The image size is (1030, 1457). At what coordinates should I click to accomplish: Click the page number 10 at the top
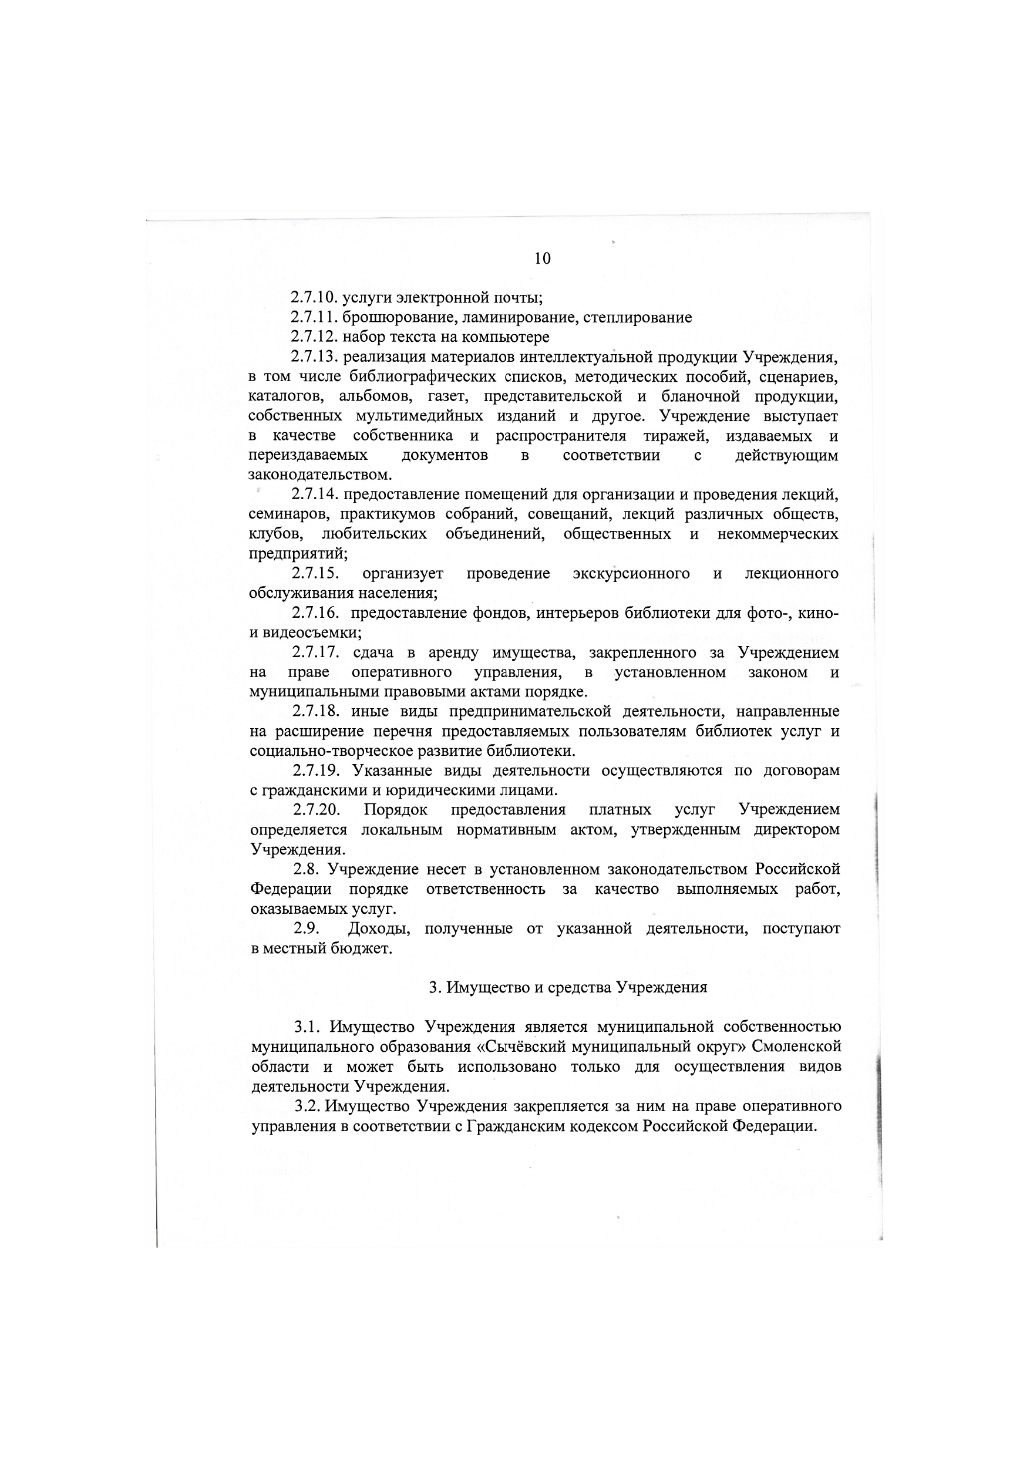543,258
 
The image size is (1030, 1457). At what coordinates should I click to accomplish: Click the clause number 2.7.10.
314,298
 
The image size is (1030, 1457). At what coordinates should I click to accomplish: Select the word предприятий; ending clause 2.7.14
298,554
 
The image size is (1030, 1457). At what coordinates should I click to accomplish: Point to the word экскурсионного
631,574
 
